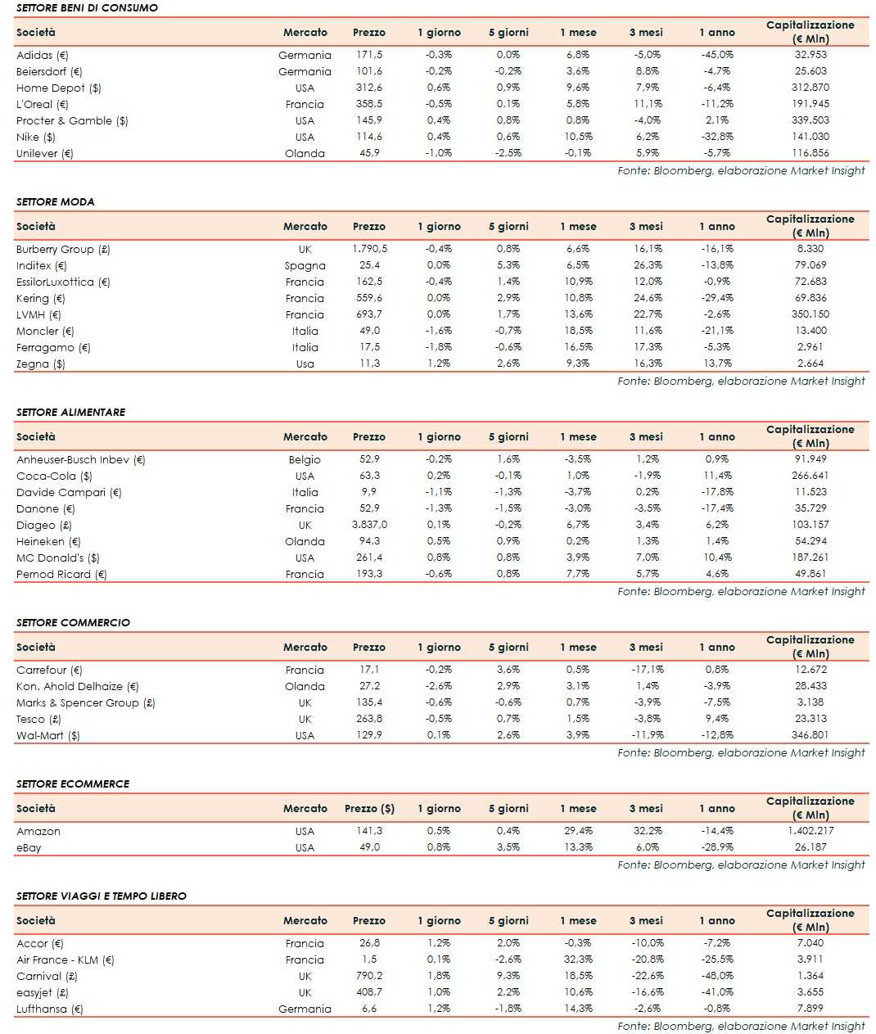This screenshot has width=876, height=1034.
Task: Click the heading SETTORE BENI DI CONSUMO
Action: pos(87,7)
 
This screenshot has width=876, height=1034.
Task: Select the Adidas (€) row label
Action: pos(43,55)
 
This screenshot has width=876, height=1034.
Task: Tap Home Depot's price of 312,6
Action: pos(368,88)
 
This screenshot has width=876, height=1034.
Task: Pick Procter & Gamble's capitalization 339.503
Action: pos(811,120)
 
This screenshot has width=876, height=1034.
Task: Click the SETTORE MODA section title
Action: pos(55,201)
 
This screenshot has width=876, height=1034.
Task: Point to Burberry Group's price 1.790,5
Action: pos(369,249)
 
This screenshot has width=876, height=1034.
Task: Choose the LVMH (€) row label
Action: pos(38,314)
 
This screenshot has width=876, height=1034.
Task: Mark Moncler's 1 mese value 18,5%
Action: pos(578,331)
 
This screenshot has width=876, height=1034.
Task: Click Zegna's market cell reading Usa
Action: pos(305,363)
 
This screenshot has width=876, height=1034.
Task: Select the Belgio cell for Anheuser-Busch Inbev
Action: pos(305,459)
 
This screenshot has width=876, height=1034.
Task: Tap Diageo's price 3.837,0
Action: pos(369,525)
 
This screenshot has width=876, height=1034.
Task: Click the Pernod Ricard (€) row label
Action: pos(61,574)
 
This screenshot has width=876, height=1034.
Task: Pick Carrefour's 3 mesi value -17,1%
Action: pos(647,670)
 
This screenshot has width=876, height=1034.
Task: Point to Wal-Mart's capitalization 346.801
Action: pos(811,735)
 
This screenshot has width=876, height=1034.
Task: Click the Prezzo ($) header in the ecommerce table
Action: pos(369,808)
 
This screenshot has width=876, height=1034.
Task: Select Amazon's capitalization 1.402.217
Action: pos(810,831)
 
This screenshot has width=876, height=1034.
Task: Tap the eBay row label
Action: pos(29,847)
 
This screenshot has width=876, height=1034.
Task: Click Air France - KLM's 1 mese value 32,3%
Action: pos(578,959)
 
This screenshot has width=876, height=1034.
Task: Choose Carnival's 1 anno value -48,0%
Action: pos(717,976)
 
